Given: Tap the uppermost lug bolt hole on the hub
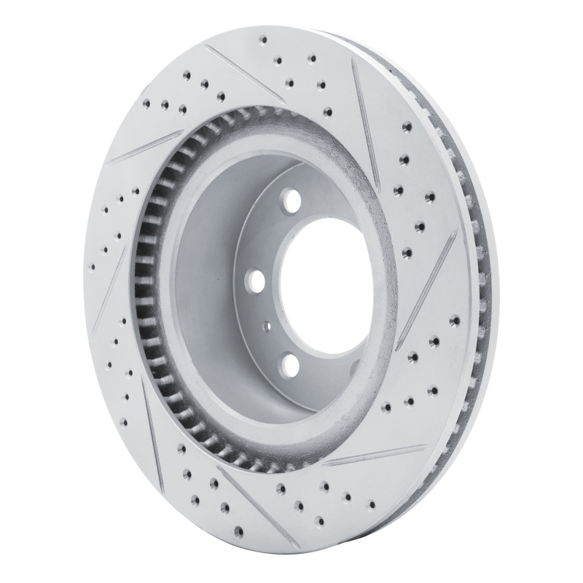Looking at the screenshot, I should click(x=293, y=199).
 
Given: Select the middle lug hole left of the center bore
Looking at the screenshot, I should click(x=256, y=280).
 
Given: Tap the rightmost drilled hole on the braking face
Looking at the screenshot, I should click(x=455, y=320).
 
